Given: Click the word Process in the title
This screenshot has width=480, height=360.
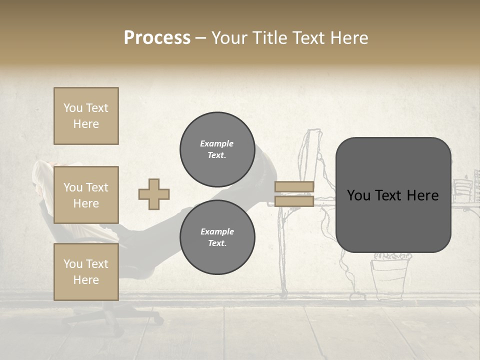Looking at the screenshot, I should pyautogui.click(x=157, y=38).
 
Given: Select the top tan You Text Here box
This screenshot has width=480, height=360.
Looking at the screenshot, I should pyautogui.click(x=86, y=116).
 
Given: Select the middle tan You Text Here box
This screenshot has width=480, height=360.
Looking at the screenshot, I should pyautogui.click(x=86, y=195).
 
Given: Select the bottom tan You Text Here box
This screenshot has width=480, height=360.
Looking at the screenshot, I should pyautogui.click(x=86, y=272).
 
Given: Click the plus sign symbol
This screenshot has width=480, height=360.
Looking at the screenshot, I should pyautogui.click(x=154, y=194).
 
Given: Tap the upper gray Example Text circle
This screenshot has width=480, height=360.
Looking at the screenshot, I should pyautogui.click(x=217, y=149).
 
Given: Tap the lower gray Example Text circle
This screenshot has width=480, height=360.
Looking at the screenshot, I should pyautogui.click(x=217, y=237).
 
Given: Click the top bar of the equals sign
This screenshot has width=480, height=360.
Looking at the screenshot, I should pyautogui.click(x=294, y=187).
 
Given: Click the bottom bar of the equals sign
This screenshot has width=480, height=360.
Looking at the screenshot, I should pyautogui.click(x=294, y=201).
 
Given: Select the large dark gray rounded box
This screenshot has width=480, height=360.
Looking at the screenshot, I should pyautogui.click(x=393, y=195).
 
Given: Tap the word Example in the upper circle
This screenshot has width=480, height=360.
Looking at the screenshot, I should pyautogui.click(x=217, y=143).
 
